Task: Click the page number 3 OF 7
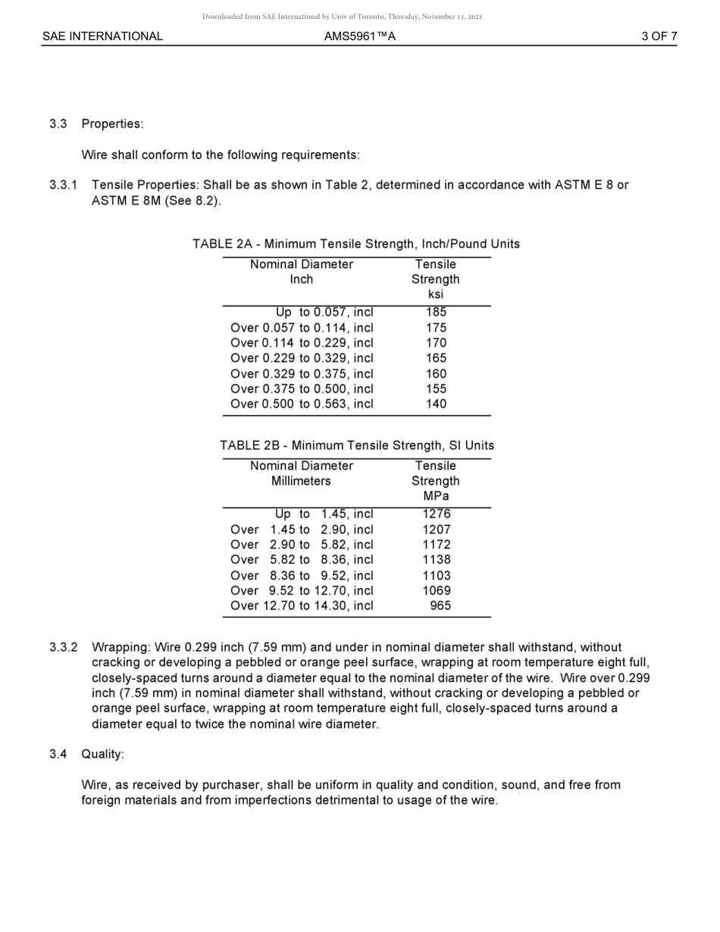tap(659, 36)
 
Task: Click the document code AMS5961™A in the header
tap(359, 36)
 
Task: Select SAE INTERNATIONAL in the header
tap(102, 36)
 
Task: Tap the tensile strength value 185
tap(436, 312)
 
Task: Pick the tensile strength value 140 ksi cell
tap(436, 404)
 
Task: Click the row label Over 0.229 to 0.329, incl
tap(302, 358)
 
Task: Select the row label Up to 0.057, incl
tap(324, 312)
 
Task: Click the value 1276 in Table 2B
tap(437, 514)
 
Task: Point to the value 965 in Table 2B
tap(440, 605)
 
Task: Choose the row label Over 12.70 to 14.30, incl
tap(302, 605)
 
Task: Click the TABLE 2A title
tap(356, 244)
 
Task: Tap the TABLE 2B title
tap(357, 446)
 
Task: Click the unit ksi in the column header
tap(436, 295)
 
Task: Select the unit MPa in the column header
tap(436, 496)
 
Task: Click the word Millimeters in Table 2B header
tap(301, 481)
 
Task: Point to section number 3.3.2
tap(64, 648)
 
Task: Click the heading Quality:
tap(102, 754)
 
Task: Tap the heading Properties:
tap(112, 124)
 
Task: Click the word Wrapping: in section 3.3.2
tap(121, 648)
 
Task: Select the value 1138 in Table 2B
tap(437, 560)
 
